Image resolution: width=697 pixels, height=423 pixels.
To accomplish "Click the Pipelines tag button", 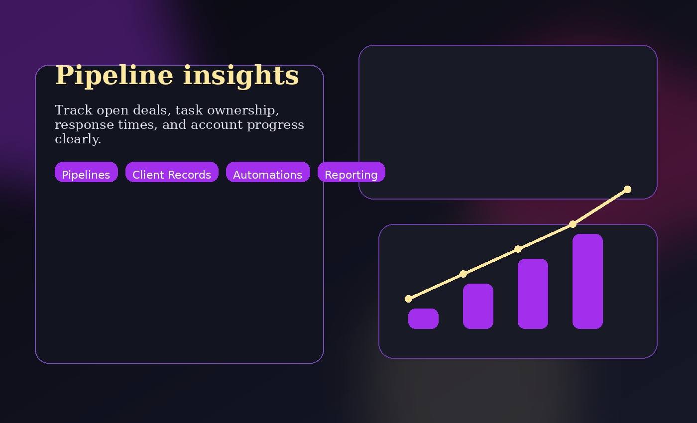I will (x=86, y=172).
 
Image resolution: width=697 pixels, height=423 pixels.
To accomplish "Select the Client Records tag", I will (x=172, y=172).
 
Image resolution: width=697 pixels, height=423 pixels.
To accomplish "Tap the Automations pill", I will (x=268, y=172).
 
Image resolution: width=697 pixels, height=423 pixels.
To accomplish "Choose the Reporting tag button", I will (x=351, y=172).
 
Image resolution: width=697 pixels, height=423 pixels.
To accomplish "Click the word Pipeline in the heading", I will (x=114, y=76).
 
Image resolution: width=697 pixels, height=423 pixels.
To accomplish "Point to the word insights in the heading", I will (x=241, y=76).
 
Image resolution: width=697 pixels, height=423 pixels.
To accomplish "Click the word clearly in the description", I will (x=78, y=139).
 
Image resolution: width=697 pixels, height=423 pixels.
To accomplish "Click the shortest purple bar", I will (x=423, y=318).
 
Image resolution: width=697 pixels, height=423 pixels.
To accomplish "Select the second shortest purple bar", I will (x=478, y=306).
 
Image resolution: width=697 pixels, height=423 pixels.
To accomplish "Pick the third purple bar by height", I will (x=533, y=294).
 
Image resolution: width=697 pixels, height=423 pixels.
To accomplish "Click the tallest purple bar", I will (x=587, y=281).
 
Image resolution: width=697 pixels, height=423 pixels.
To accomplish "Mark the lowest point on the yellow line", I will (x=409, y=299).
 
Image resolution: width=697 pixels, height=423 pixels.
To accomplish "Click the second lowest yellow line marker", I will (x=464, y=274).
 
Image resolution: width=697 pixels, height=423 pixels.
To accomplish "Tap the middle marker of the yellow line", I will (x=518, y=249).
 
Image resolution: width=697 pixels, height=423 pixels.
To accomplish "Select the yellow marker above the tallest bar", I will (x=573, y=224).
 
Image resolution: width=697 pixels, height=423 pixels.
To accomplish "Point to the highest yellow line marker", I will (x=627, y=189).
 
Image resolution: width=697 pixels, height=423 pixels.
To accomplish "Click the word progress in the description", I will (x=275, y=125).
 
